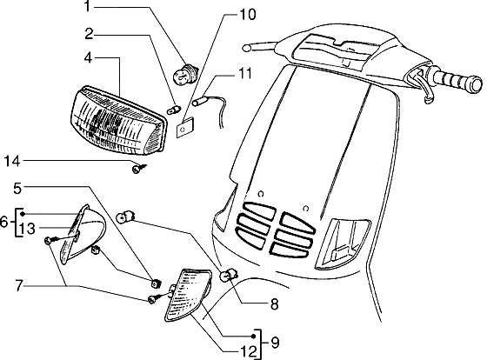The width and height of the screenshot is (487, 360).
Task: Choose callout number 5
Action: (17, 186)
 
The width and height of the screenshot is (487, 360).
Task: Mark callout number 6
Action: (5, 223)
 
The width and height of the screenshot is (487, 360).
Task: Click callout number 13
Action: (29, 229)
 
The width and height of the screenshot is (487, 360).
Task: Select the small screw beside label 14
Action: (137, 169)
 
